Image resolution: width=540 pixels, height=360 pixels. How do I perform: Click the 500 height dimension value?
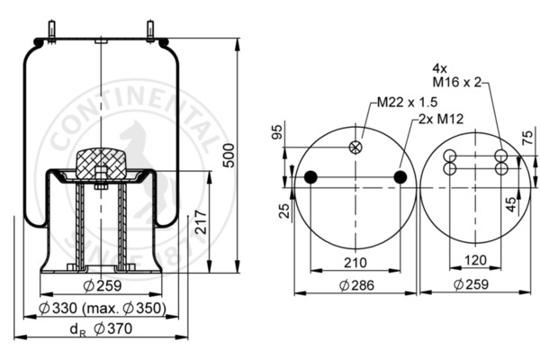point(229,156)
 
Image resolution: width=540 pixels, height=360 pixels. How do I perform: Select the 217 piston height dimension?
point(201,222)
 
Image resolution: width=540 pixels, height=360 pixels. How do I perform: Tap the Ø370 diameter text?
point(113,328)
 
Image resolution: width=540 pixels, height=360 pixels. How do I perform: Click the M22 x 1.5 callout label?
point(407,103)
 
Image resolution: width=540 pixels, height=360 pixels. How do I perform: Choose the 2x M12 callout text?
point(441,119)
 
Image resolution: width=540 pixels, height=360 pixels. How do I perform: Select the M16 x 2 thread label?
point(456,82)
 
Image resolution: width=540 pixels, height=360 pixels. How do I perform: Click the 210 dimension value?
point(355,263)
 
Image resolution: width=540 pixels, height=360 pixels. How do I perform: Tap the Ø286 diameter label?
point(356,285)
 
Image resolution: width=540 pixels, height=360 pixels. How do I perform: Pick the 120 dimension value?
point(475,260)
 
